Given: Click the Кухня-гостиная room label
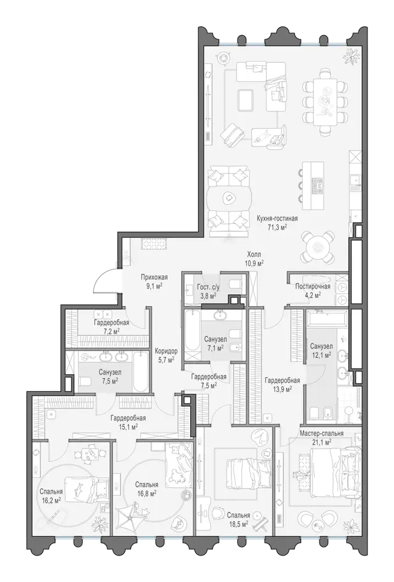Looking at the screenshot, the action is (277, 219).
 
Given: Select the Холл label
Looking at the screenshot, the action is (254, 255).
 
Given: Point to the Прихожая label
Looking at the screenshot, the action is (154, 277).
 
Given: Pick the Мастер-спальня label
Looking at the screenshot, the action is (321, 433).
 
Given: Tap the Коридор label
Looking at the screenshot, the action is (166, 351).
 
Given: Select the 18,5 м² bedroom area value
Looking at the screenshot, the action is (238, 524).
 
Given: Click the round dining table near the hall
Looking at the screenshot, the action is (318, 246).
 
